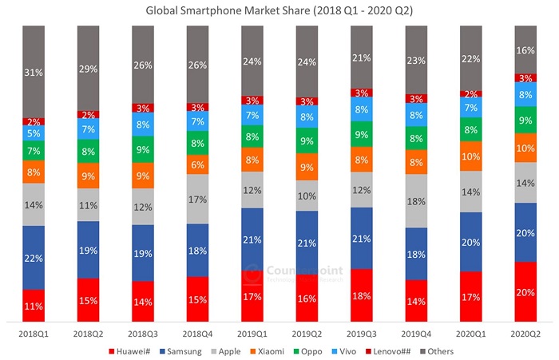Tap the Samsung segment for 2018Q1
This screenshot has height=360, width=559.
coord(34,257)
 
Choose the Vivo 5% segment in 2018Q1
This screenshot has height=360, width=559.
coord(34,133)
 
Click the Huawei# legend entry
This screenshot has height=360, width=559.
coord(136,349)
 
